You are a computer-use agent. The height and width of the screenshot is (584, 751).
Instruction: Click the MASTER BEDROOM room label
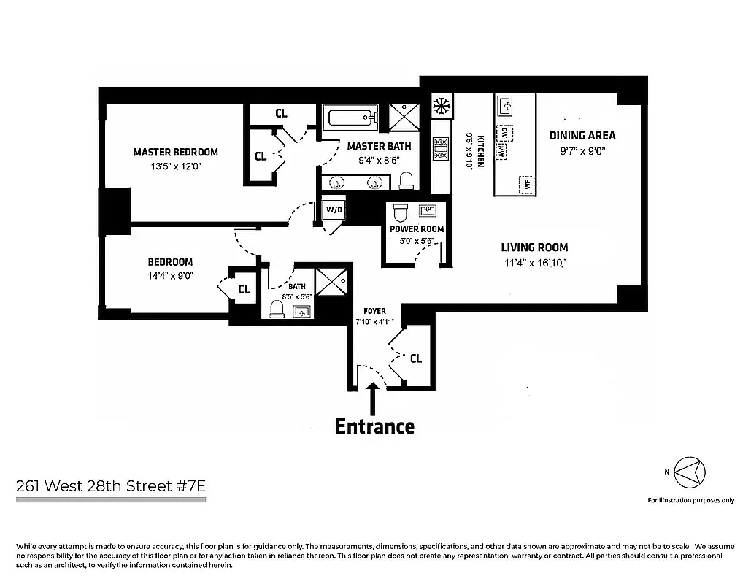pyautogui.click(x=175, y=152)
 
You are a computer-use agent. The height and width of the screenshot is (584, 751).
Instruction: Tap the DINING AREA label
pyautogui.click(x=582, y=135)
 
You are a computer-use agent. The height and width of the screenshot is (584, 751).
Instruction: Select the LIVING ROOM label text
pyautogui.click(x=534, y=247)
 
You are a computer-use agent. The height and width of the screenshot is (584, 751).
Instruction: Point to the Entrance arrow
pyautogui.click(x=374, y=399)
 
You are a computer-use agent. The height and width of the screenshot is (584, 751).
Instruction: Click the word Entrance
pyautogui.click(x=374, y=426)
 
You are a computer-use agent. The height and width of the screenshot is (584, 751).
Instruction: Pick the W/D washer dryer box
pyautogui.click(x=333, y=210)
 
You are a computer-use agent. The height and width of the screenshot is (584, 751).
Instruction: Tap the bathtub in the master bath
pyautogui.click(x=352, y=118)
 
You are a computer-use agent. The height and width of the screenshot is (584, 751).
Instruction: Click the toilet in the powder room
pyautogui.click(x=399, y=213)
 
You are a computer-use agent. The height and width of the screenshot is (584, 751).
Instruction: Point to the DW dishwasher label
pyautogui.click(x=504, y=133)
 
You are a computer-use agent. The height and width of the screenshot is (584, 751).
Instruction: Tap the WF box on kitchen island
pyautogui.click(x=523, y=184)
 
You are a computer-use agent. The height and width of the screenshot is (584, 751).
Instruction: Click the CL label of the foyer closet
pyautogui.click(x=415, y=358)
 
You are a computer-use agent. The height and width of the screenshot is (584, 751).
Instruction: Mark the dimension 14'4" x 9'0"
pyautogui.click(x=169, y=277)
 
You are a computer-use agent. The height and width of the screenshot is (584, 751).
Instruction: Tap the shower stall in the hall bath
pyautogui.click(x=336, y=280)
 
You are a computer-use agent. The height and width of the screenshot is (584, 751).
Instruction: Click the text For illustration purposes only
pyautogui.click(x=690, y=500)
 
